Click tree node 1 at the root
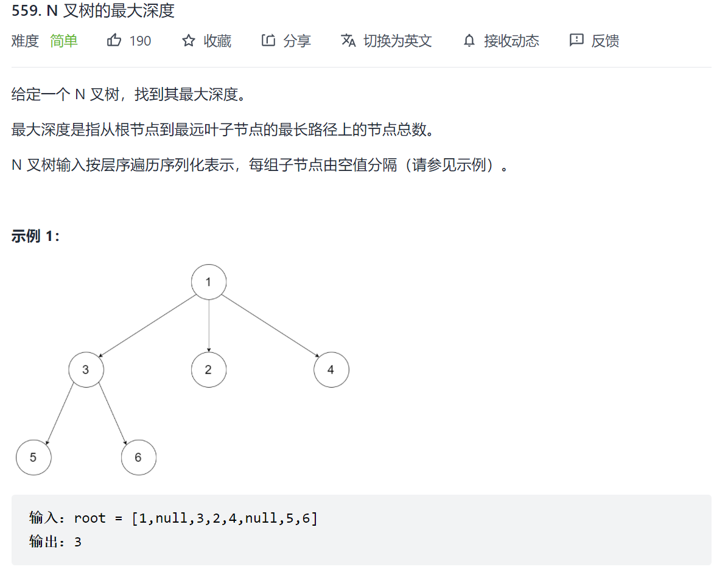[209, 282]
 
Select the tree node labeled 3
[86, 369]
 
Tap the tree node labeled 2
[208, 369]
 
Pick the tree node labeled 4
[331, 369]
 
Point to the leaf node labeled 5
[33, 457]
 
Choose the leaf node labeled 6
[138, 457]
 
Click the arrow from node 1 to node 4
[270, 326]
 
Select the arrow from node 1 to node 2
[209, 326]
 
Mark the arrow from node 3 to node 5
[60, 413]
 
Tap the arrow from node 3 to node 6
[113, 413]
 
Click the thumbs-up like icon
[114, 41]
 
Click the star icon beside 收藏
[189, 41]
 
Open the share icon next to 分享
[268, 41]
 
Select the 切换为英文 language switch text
[397, 41]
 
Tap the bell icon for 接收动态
[469, 41]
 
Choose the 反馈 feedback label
[605, 41]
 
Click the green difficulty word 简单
[64, 41]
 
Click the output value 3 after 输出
[78, 541]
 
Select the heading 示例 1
[35, 236]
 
